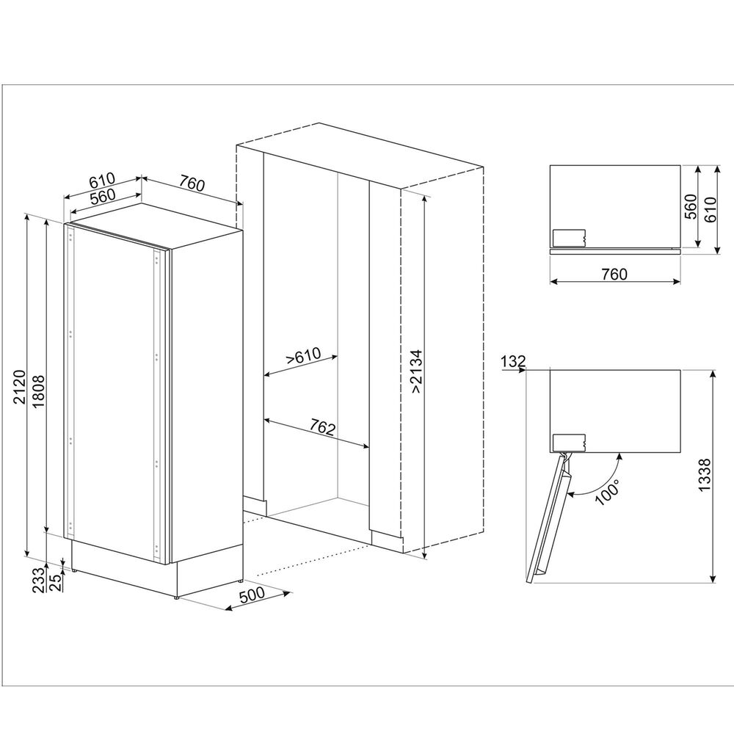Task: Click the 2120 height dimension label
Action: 19,387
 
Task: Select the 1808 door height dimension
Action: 38,391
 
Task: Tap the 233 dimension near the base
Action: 39,578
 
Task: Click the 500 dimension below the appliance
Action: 252,595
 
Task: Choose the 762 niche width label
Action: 323,427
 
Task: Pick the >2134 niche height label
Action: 415,371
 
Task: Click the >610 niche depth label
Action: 304,356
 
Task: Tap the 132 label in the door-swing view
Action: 513,361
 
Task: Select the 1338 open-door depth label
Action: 705,475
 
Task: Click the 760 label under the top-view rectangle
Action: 614,274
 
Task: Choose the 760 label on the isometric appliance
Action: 192,184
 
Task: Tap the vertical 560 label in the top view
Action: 691,206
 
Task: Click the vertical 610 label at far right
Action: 710,209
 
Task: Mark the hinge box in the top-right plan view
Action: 569,239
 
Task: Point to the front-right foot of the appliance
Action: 176,597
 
